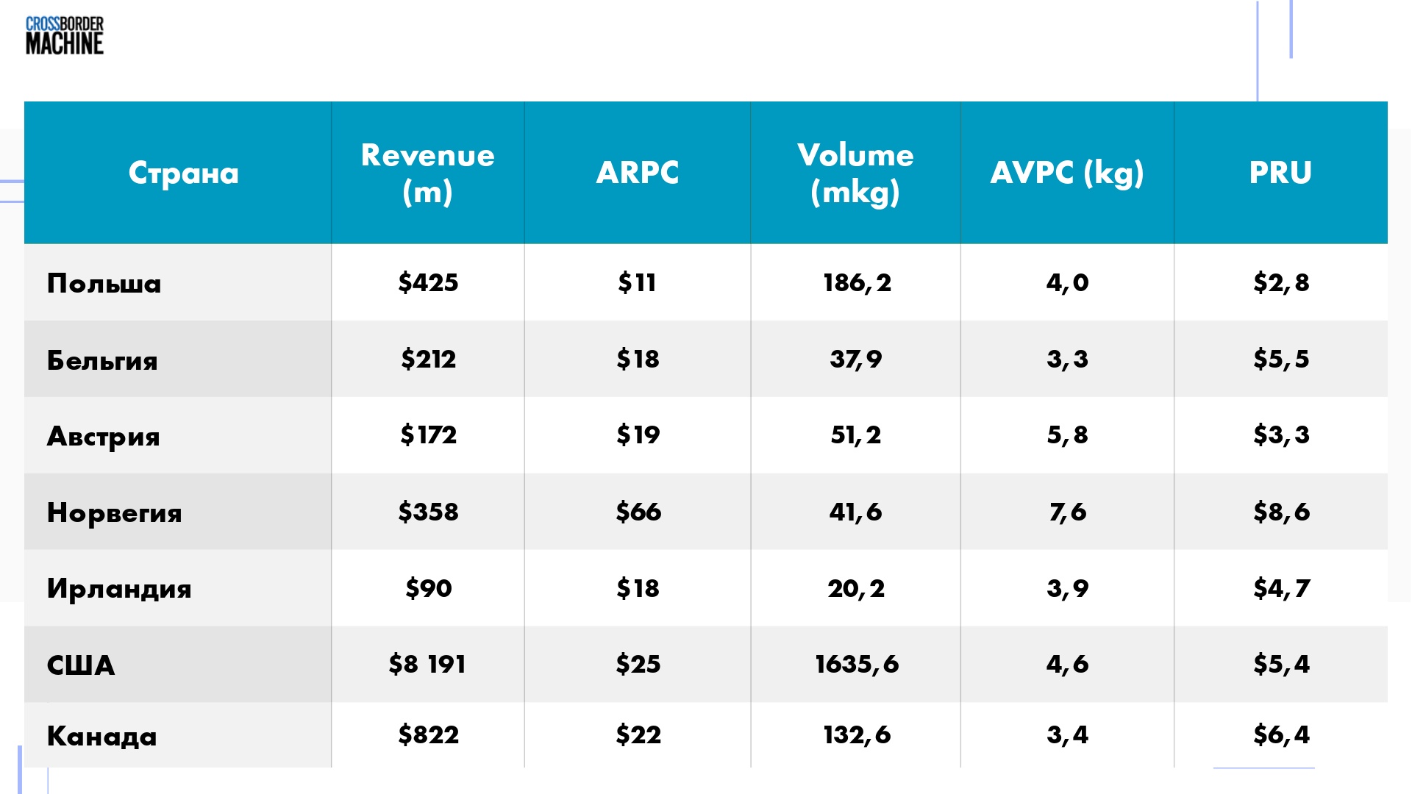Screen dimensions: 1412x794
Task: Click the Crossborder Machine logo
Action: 65,36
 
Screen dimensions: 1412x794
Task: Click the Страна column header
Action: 184,173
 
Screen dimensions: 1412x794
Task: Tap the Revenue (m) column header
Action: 427,174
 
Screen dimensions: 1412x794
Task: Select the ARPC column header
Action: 638,173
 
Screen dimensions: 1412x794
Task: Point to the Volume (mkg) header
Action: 855,174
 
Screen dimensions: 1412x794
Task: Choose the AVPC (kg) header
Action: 1067,174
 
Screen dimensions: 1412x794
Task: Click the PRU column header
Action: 1280,173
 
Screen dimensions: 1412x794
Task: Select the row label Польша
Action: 104,284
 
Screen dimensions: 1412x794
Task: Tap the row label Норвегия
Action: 114,513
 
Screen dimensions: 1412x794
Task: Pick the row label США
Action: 81,665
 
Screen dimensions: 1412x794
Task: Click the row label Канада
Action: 101,736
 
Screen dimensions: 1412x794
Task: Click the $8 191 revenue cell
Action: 427,665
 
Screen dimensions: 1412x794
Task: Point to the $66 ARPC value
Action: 638,512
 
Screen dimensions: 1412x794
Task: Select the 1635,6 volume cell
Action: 857,665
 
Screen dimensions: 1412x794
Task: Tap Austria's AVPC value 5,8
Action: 1067,435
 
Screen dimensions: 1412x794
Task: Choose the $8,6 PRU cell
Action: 1281,512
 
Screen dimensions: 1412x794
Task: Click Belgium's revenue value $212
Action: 428,359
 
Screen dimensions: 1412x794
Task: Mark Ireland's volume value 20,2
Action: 856,588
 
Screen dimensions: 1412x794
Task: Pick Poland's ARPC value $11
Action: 637,282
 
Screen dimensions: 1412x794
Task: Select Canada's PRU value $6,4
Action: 1281,734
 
